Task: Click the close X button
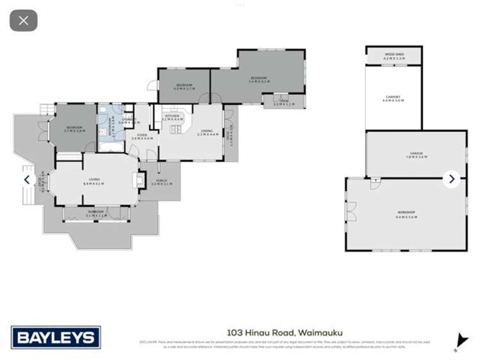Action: [x=24, y=20]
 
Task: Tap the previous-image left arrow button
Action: [x=27, y=179]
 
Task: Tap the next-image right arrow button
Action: [x=451, y=179]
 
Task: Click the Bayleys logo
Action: [x=56, y=337]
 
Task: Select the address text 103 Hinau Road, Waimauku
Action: [x=285, y=332]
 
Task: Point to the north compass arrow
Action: [x=460, y=340]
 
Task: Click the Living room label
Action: [x=94, y=182]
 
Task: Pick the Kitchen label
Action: [x=172, y=117]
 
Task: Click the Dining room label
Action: [x=207, y=132]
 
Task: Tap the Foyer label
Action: [x=142, y=136]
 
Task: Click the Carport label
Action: [x=393, y=99]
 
